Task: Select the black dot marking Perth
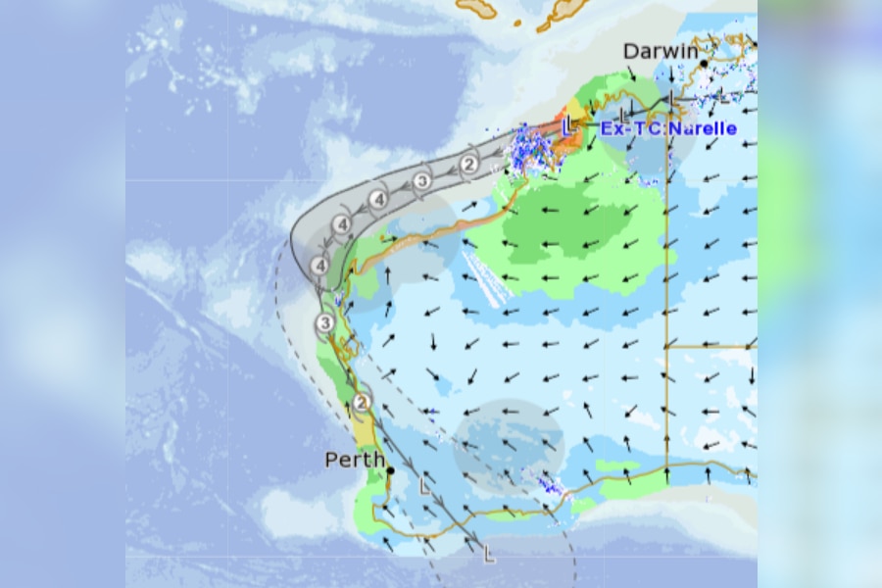(390, 470)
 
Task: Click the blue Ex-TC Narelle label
(668, 128)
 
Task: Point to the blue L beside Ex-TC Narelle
(568, 125)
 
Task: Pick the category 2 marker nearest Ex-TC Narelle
(469, 164)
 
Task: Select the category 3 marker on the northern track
(421, 180)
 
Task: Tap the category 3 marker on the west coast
(325, 323)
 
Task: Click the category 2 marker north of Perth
(362, 402)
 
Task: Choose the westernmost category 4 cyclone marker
(319, 266)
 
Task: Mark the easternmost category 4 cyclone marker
(378, 200)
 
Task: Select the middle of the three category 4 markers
(342, 225)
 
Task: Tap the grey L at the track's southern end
(489, 556)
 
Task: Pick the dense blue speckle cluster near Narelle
(529, 150)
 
